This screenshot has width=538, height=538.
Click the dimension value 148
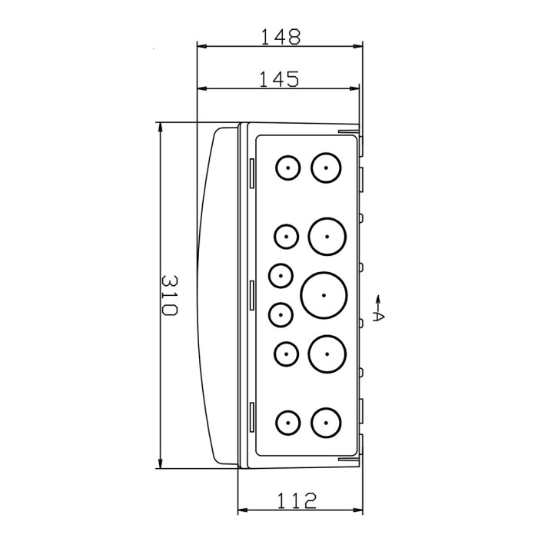tap(280, 35)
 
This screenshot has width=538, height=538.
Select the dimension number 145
tap(278, 79)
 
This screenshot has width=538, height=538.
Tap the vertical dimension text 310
tap(170, 295)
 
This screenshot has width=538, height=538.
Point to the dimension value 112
tap(297, 500)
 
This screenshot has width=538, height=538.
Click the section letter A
tap(377, 316)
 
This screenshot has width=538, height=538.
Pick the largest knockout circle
tap(324, 295)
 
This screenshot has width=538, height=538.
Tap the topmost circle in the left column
tap(288, 168)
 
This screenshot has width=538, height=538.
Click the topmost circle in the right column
tap(326, 168)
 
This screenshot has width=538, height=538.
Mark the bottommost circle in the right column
tap(326, 422)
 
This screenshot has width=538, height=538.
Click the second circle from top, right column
tap(327, 236)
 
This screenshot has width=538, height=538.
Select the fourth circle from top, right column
tap(327, 354)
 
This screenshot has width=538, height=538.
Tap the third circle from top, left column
tap(281, 275)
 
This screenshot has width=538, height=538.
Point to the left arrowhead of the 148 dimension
tap(202, 46)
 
